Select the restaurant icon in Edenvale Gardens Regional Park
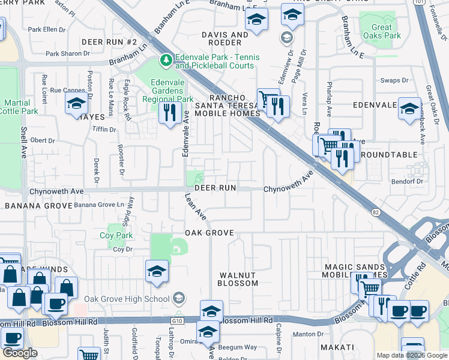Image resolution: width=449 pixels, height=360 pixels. (170, 112)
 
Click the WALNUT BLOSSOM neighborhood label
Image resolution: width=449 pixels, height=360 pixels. (237, 279)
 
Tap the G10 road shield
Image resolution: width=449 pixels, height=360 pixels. (176, 322)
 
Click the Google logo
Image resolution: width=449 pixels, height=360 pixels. (20, 352)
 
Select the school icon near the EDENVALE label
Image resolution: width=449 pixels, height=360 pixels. (409, 109)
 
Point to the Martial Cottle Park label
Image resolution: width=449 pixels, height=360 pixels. (14, 107)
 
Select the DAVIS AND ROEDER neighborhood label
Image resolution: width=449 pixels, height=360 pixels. (224, 39)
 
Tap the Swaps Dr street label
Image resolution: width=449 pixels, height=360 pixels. (394, 80)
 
